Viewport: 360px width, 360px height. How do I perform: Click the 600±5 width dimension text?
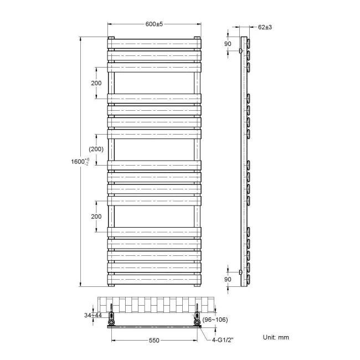[x=154, y=24]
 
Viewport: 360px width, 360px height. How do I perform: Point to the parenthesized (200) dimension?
[x=96, y=150]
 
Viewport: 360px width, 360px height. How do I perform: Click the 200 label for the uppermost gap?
[x=96, y=83]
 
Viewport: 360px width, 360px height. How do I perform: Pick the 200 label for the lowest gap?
[x=96, y=216]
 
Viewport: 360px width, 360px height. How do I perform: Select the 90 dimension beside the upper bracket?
[x=228, y=44]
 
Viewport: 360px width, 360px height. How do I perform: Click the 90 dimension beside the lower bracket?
[x=228, y=279]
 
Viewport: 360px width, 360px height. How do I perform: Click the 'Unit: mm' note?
[x=275, y=337]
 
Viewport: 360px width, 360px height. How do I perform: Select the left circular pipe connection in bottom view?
[x=112, y=321]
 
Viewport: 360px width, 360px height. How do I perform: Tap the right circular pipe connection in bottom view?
[x=197, y=321]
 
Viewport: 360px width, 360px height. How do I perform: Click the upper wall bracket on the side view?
[x=240, y=51]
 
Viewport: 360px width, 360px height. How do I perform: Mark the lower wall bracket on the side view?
[x=240, y=272]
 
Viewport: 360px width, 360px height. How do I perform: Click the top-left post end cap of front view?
[x=111, y=38]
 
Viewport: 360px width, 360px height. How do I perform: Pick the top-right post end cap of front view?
[x=197, y=38]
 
